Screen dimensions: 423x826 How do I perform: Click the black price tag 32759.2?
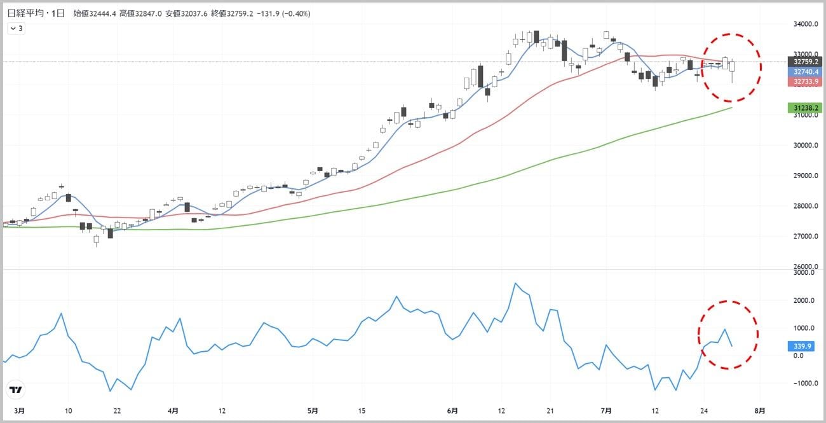click(802, 62)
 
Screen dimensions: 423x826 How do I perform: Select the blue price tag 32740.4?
click(802, 72)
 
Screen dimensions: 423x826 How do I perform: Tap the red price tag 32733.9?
click(802, 81)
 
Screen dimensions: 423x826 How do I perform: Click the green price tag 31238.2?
click(802, 108)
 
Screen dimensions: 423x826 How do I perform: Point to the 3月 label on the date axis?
click(20, 410)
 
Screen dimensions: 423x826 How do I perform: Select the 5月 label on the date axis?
click(313, 410)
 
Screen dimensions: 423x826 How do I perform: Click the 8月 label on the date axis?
click(760, 410)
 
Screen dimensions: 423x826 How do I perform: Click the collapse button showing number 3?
click(17, 28)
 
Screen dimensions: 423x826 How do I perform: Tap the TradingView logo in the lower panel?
click(17, 389)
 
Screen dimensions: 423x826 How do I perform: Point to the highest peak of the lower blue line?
click(515, 284)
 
